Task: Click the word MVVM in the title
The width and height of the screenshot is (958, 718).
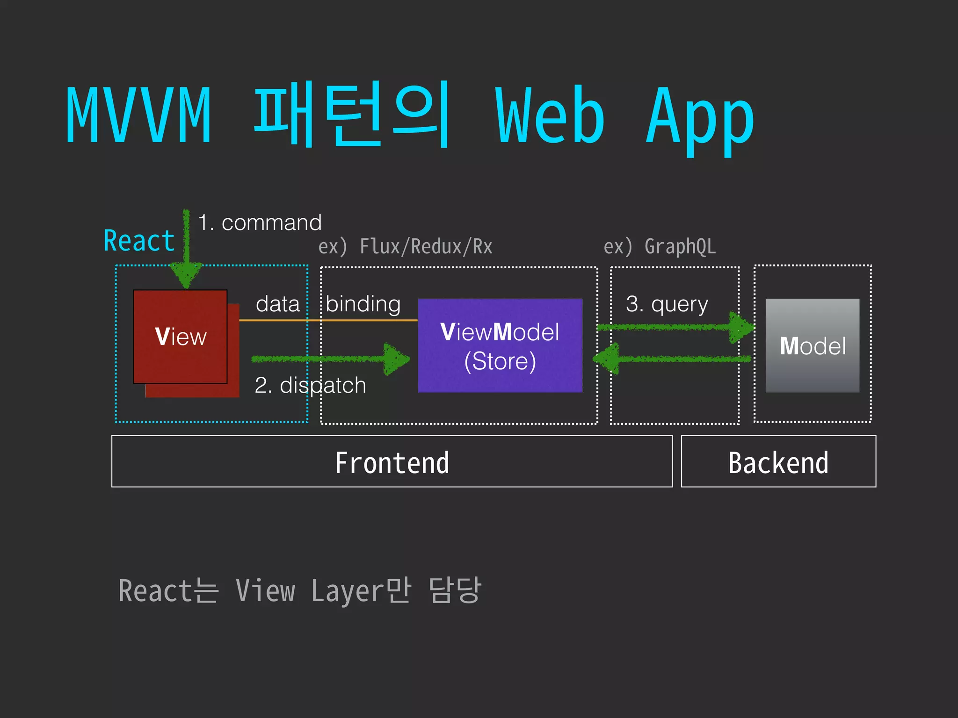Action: (138, 115)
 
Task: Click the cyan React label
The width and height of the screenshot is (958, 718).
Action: (139, 241)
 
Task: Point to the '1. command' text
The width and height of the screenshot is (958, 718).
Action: (260, 223)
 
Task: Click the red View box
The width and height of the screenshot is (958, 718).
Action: (181, 337)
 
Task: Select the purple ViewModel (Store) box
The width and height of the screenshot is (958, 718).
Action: (500, 346)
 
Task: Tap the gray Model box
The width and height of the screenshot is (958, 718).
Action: (813, 346)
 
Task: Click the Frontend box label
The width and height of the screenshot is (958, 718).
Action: (392, 463)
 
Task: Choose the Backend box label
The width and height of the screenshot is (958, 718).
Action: (778, 463)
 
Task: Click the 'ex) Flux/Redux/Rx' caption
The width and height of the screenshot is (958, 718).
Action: (405, 247)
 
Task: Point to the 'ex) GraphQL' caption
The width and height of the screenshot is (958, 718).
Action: (660, 247)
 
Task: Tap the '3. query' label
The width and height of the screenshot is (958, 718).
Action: (667, 304)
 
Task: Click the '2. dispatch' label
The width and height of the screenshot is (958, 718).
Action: (310, 386)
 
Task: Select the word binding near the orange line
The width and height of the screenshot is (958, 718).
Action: (363, 304)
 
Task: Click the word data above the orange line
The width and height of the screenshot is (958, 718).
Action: (278, 304)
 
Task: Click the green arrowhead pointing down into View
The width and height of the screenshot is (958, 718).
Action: (186, 275)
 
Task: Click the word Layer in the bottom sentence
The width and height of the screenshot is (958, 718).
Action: (346, 591)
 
